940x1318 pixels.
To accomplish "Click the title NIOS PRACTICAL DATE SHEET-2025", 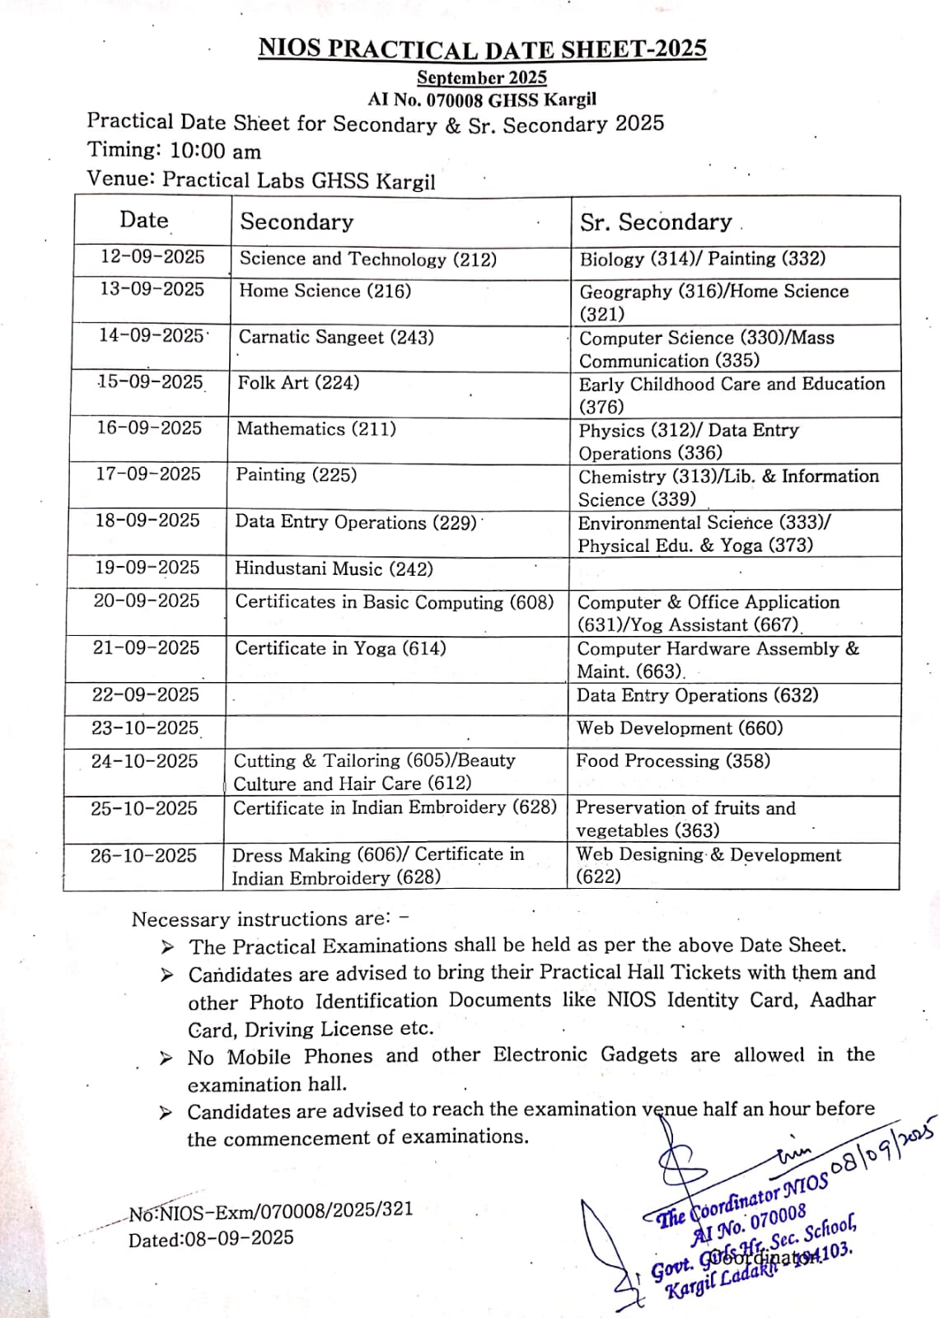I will click(x=482, y=49).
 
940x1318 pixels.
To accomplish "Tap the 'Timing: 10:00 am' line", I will click(x=175, y=152).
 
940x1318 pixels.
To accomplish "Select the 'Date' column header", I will click(x=144, y=220).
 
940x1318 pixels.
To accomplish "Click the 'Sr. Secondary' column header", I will click(x=656, y=222).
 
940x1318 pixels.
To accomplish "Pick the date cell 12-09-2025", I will click(x=152, y=257).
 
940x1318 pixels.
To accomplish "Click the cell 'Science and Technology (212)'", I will click(x=368, y=259).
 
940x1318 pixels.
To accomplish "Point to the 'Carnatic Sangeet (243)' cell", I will click(x=336, y=338).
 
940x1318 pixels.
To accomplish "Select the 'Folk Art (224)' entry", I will click(x=299, y=383).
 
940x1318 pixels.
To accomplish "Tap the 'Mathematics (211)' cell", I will click(x=316, y=429).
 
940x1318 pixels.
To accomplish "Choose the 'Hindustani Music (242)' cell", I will click(x=334, y=569).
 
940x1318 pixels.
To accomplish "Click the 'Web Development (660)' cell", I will click(x=680, y=728).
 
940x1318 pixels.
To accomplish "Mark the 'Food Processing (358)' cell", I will click(x=673, y=761).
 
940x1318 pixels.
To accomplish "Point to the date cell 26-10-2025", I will click(x=144, y=856).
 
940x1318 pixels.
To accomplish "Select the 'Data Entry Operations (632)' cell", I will click(x=698, y=695).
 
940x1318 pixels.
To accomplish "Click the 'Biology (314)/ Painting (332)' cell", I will click(x=703, y=259).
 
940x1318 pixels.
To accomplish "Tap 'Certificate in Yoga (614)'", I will click(x=340, y=648).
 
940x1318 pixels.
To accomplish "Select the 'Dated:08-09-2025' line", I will click(x=211, y=1239).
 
